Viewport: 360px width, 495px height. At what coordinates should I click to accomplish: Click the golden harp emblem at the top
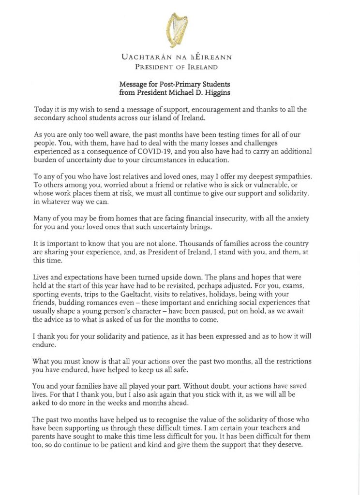[x=177, y=29]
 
